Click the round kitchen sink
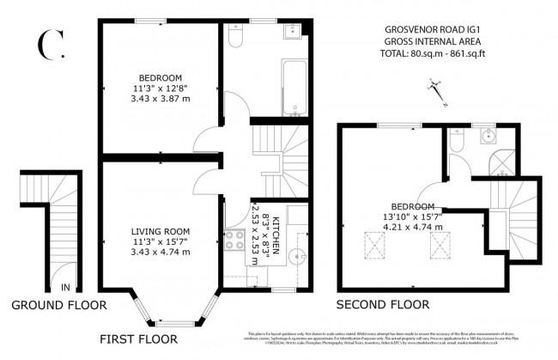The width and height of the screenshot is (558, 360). point(297,256)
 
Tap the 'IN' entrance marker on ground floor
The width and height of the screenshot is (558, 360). point(64,288)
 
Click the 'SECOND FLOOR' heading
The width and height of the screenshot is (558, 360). point(381,304)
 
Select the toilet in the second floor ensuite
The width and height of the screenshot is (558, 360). point(457,145)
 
